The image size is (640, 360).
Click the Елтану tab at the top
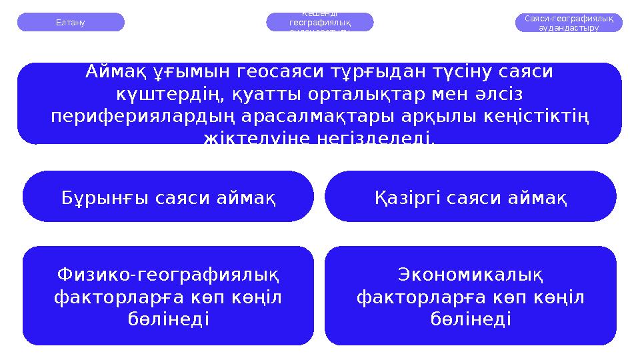[70, 22]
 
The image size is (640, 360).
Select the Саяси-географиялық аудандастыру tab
[569, 23]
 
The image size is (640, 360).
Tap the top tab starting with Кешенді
[320, 22]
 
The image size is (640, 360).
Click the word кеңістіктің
[539, 117]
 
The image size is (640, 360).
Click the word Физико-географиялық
[168, 274]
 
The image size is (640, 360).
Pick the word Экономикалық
[471, 274]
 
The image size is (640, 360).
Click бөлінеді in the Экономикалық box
[471, 319]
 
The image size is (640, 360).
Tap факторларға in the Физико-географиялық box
[110, 297]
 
